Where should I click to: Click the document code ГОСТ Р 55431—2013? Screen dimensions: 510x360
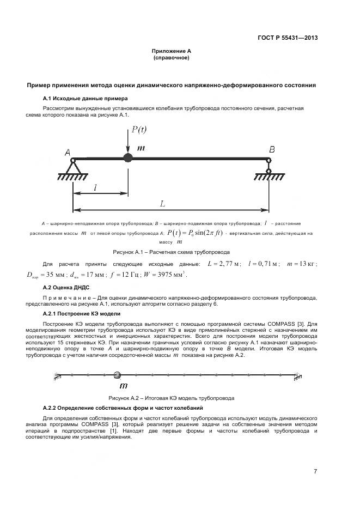pyautogui.click(x=288, y=38)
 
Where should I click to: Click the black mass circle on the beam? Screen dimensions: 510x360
pyautogui.click(x=127, y=158)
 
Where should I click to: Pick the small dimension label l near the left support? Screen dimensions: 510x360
pyautogui.click(x=96, y=187)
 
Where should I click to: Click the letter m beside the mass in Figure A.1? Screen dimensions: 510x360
pyautogui.click(x=141, y=148)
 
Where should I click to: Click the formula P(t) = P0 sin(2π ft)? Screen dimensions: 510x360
pyautogui.click(x=195, y=233)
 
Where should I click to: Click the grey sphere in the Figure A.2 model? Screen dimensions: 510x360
pyautogui.click(x=117, y=375)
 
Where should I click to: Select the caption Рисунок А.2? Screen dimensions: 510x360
pyautogui.click(x=171, y=398)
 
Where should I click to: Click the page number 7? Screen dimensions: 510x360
pyautogui.click(x=315, y=472)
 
